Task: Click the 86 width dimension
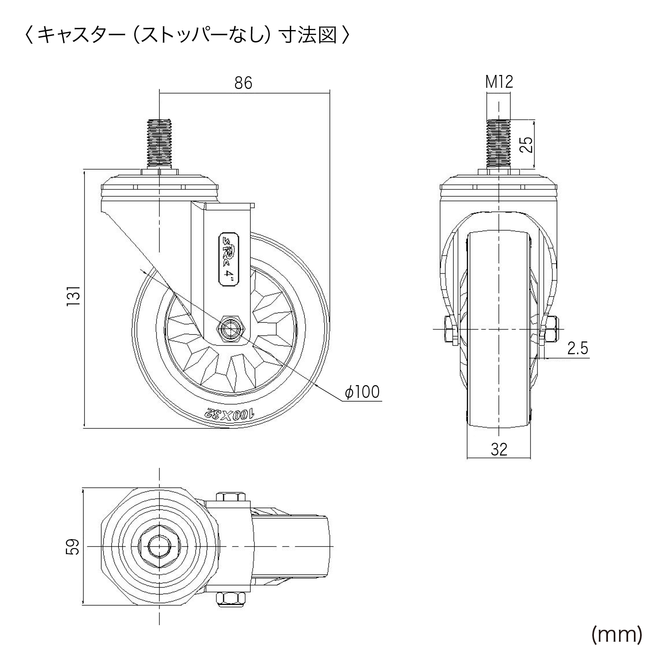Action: [x=243, y=84]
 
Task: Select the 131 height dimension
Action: [x=74, y=296]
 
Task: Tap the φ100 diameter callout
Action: [x=362, y=392]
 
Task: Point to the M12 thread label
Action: [x=499, y=82]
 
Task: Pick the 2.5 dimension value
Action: [x=577, y=349]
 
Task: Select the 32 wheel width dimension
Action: [x=499, y=449]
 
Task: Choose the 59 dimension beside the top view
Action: [x=73, y=546]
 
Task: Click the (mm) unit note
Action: [x=617, y=635]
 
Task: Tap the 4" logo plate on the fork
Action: [x=228, y=261]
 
